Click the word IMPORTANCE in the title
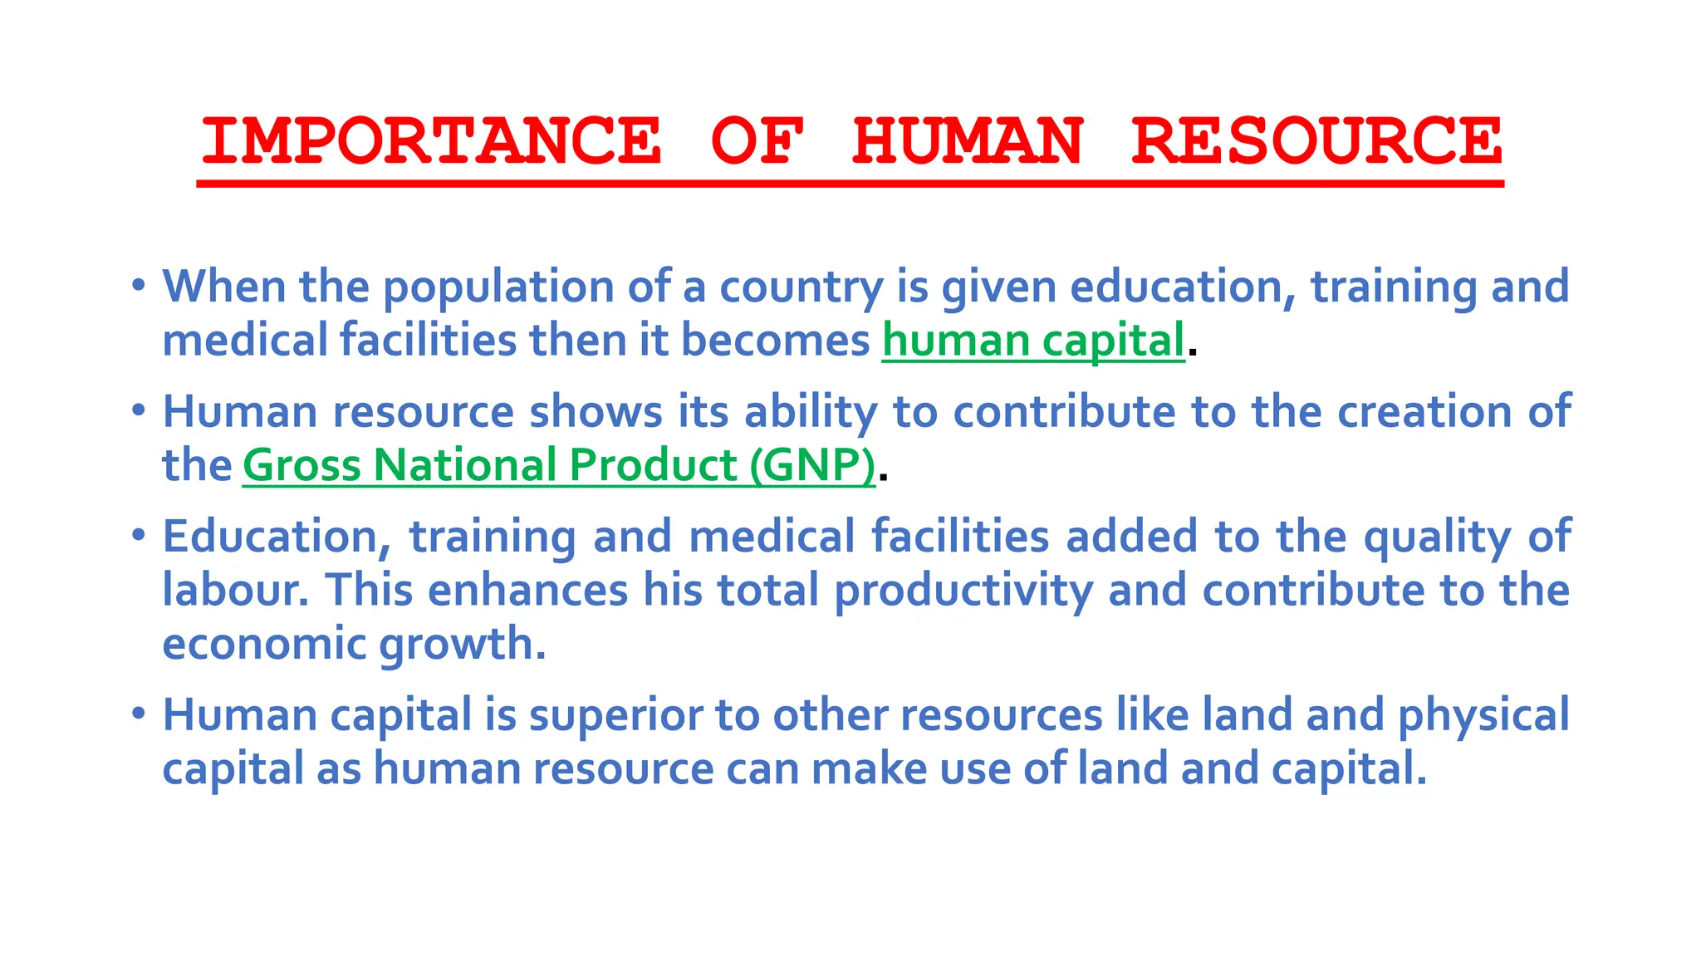(431, 140)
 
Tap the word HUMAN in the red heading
(968, 140)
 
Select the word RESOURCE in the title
(1316, 140)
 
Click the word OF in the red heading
(757, 140)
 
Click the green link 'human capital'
(1033, 341)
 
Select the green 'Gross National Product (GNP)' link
(559, 464)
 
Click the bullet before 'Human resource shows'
(139, 411)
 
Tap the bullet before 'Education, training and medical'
(139, 536)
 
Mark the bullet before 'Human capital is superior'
(139, 714)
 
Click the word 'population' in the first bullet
(498, 287)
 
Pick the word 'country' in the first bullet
(801, 287)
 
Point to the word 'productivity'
(963, 591)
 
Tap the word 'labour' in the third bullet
(231, 591)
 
